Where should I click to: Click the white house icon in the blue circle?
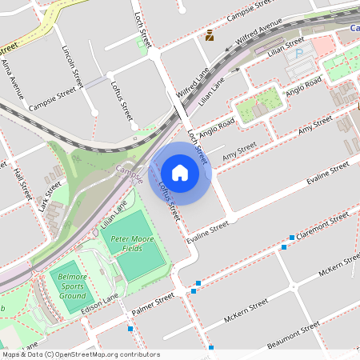(180, 173)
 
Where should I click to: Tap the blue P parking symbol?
(301, 54)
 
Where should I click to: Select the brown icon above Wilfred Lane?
(210, 34)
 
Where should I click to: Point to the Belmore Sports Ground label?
(70, 282)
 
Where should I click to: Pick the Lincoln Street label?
(72, 66)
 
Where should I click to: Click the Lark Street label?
(50, 196)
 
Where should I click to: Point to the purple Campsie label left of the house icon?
(128, 170)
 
